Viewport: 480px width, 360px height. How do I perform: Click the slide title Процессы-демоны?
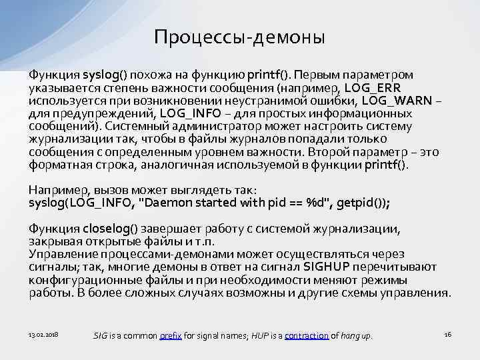point(239,37)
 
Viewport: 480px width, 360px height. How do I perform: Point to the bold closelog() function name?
point(109,229)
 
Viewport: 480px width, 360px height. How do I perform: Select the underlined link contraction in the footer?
point(307,335)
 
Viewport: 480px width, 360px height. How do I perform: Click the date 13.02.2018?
point(43,333)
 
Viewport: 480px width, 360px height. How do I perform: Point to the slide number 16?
point(447,333)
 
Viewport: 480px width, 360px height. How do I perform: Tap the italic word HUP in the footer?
point(256,335)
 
